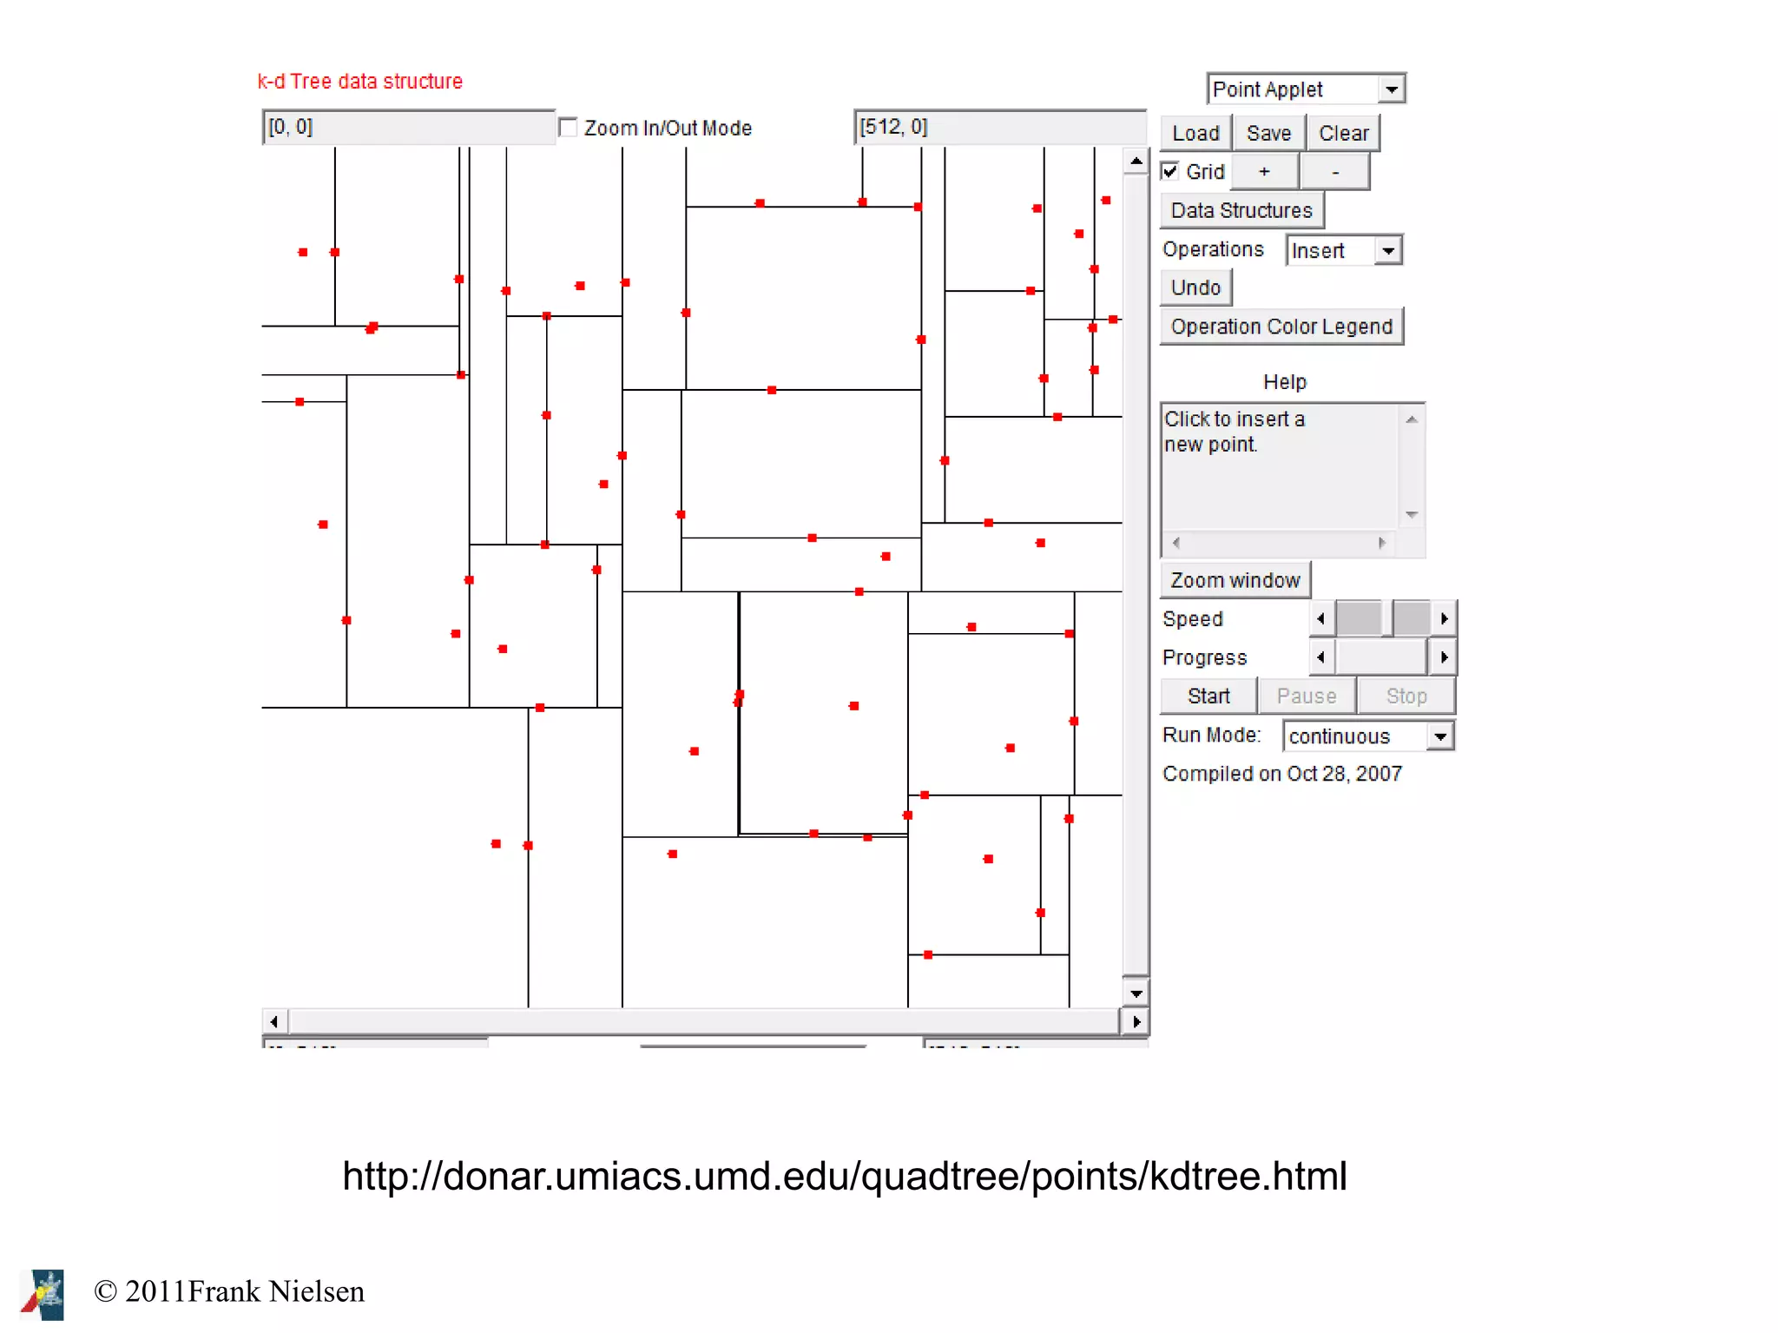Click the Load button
[1195, 133]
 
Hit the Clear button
[1342, 133]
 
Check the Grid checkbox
[1170, 171]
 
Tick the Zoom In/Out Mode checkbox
[568, 128]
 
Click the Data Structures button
[1241, 210]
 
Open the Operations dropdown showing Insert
[1343, 250]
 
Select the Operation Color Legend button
[1281, 327]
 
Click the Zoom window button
[1234, 580]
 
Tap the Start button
[1208, 696]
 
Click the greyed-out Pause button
[1306, 696]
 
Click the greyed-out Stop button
[1406, 696]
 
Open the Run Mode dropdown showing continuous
[1367, 736]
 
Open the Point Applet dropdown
[1305, 89]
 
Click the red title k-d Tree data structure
[359, 81]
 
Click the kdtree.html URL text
[844, 1176]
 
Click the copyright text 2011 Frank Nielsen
[229, 1291]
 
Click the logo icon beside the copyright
[43, 1294]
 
